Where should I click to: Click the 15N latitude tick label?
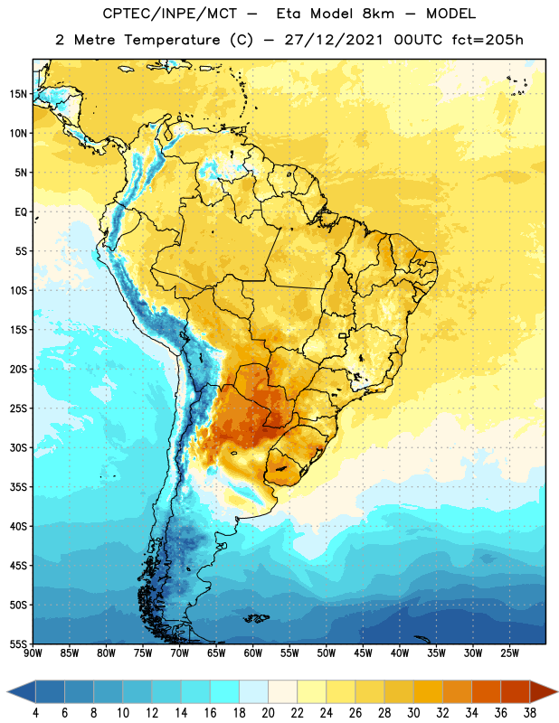click(x=18, y=94)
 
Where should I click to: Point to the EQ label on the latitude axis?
click(x=21, y=212)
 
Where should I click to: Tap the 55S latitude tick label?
click(x=18, y=644)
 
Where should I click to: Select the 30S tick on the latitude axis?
click(x=18, y=447)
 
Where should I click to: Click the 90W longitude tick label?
click(x=33, y=653)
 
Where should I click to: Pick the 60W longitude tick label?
click(x=253, y=653)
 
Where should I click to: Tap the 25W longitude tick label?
click(x=509, y=653)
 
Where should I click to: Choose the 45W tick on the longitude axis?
click(x=363, y=653)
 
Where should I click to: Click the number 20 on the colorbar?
click(x=268, y=713)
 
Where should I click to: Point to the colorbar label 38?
click(x=530, y=713)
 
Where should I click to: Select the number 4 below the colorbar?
click(x=35, y=713)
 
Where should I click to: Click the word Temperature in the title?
click(x=172, y=40)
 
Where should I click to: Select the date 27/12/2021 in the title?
click(x=334, y=40)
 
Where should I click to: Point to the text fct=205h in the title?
click(x=488, y=40)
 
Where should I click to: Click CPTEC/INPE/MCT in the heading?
click(x=169, y=14)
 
